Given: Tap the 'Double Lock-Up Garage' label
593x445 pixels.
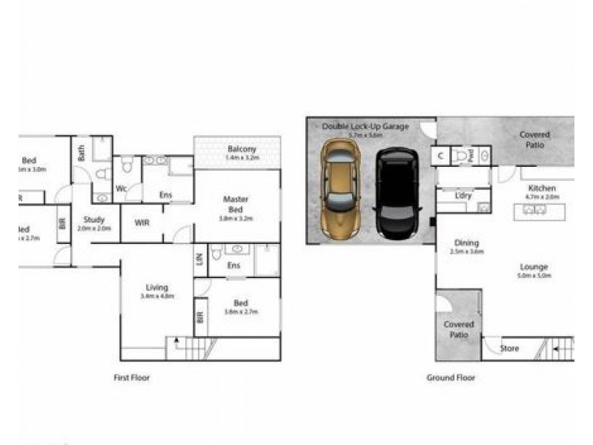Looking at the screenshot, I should [x=365, y=127].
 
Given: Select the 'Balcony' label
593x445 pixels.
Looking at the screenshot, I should [x=242, y=149].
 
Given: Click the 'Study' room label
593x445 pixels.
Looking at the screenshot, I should [x=94, y=220].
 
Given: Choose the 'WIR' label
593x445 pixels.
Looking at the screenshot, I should [x=142, y=221].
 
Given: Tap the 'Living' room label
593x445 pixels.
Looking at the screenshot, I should [x=156, y=287].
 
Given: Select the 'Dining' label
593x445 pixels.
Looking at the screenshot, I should [x=467, y=243].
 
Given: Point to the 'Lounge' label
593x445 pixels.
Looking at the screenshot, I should [x=534, y=267].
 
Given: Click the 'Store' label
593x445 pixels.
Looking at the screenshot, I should [x=509, y=349].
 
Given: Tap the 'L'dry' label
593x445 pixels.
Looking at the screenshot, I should [x=466, y=195].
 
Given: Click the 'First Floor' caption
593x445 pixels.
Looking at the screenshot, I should [x=131, y=378].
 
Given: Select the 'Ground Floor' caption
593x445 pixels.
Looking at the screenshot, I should [x=451, y=378].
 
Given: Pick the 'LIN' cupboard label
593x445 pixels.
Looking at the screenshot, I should [x=199, y=259].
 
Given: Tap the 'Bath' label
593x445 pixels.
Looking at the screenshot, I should [x=82, y=152].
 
